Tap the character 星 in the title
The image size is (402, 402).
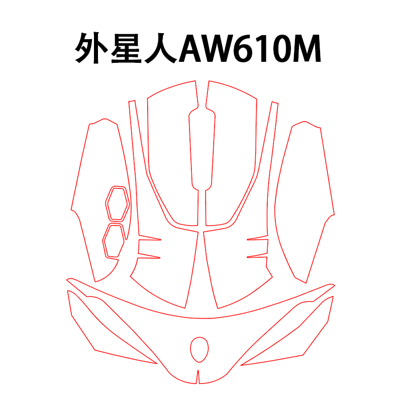pos(128,49)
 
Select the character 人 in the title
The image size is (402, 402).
pos(161,49)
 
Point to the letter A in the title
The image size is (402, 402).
pos(193,49)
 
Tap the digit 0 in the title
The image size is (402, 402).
pos(288,49)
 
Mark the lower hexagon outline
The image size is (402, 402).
pos(115,241)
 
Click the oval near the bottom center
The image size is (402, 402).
pos(199,349)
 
